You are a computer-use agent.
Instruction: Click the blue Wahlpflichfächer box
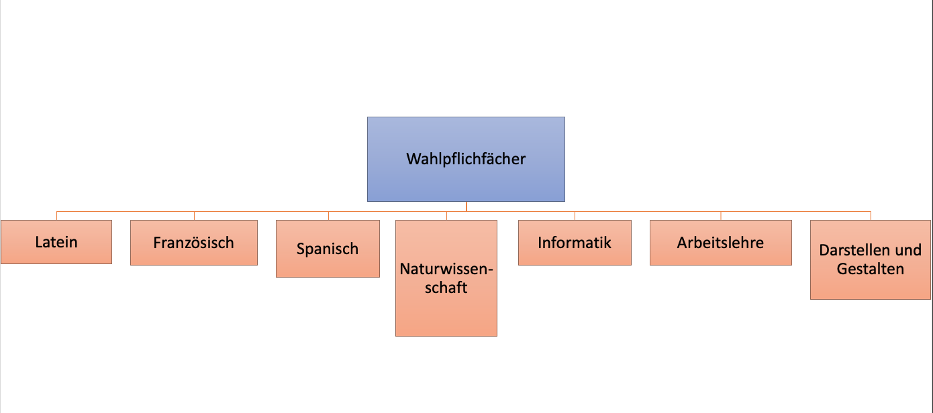tap(466, 181)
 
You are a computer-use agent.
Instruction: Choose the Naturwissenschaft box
tap(446, 312)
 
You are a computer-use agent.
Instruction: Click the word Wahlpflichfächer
tap(466, 159)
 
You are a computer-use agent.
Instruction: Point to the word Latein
tap(56, 242)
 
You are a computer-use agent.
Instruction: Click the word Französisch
tap(194, 243)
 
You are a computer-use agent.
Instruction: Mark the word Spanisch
tap(328, 249)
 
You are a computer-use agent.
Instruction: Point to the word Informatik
tap(575, 243)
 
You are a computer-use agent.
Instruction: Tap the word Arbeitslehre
tap(720, 243)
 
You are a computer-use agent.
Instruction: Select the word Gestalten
tap(871, 270)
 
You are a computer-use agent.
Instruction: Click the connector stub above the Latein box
tap(56, 216)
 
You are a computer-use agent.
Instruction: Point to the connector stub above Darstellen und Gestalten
tap(871, 216)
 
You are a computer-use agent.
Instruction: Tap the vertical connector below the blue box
tap(466, 206)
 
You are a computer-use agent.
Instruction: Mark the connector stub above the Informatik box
tap(575, 216)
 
